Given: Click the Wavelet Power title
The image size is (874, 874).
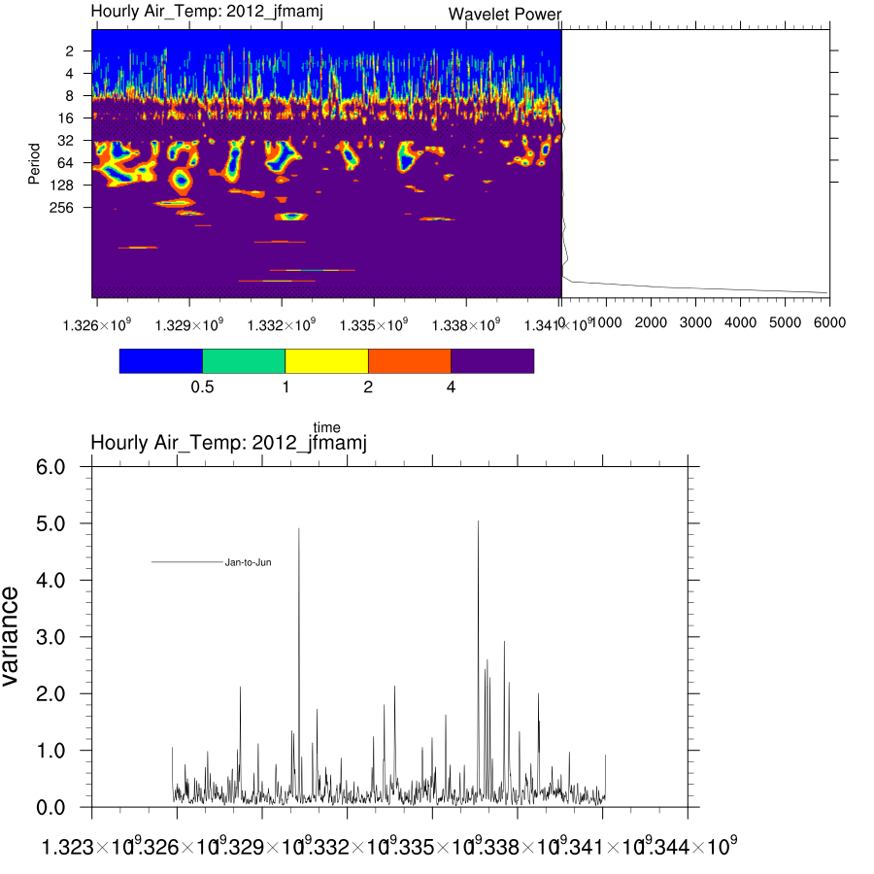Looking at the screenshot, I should [505, 15].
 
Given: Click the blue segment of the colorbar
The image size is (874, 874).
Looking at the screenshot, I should [160, 360].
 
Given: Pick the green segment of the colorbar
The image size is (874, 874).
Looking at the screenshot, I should [244, 360].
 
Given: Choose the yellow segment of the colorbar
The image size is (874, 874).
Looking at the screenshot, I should [326, 360].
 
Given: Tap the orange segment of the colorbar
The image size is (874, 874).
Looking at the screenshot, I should [410, 360].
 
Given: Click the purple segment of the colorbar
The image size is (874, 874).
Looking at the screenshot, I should [492, 360].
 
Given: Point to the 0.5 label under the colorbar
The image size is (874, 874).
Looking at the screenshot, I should [202, 387].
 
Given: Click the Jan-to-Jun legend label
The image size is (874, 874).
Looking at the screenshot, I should [248, 562].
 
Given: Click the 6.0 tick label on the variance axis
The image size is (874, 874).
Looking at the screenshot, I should [50, 467].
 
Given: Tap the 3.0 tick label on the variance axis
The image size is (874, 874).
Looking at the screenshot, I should [50, 637].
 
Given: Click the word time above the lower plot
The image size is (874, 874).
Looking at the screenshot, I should [326, 427].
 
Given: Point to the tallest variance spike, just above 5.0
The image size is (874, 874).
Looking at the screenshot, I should [478, 522].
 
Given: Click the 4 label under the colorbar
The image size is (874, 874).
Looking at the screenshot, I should [451, 387].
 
